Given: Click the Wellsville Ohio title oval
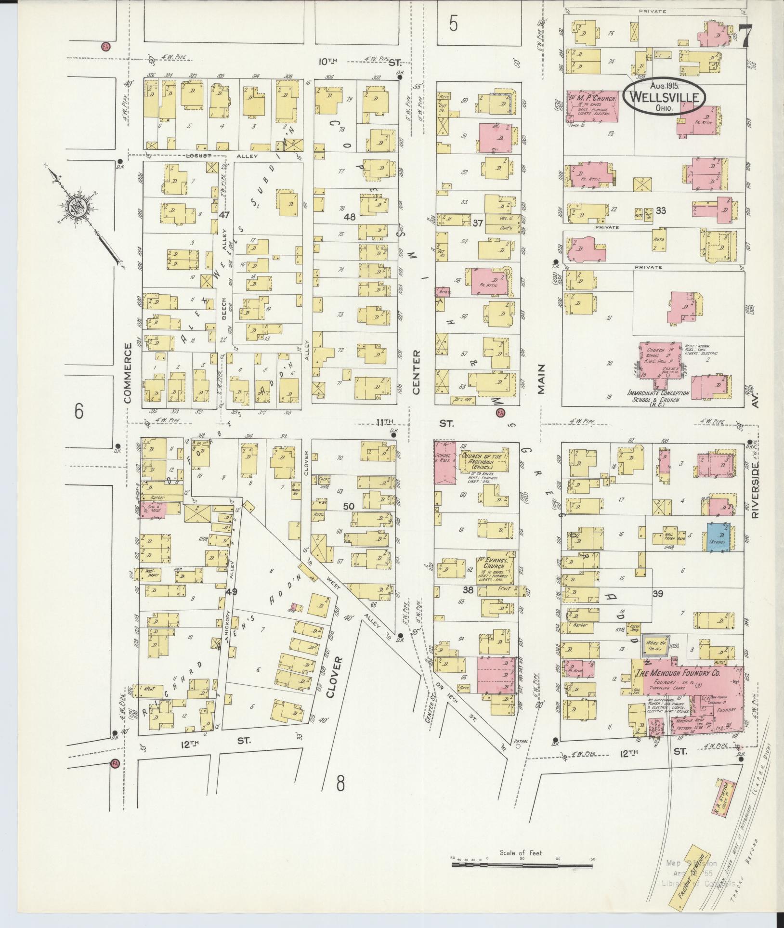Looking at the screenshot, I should (x=664, y=96).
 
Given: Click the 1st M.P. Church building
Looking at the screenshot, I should (x=592, y=108).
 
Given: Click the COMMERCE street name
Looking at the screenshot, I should (x=128, y=372).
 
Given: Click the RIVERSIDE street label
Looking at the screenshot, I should (x=754, y=489).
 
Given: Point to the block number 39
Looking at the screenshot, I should (x=657, y=594).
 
